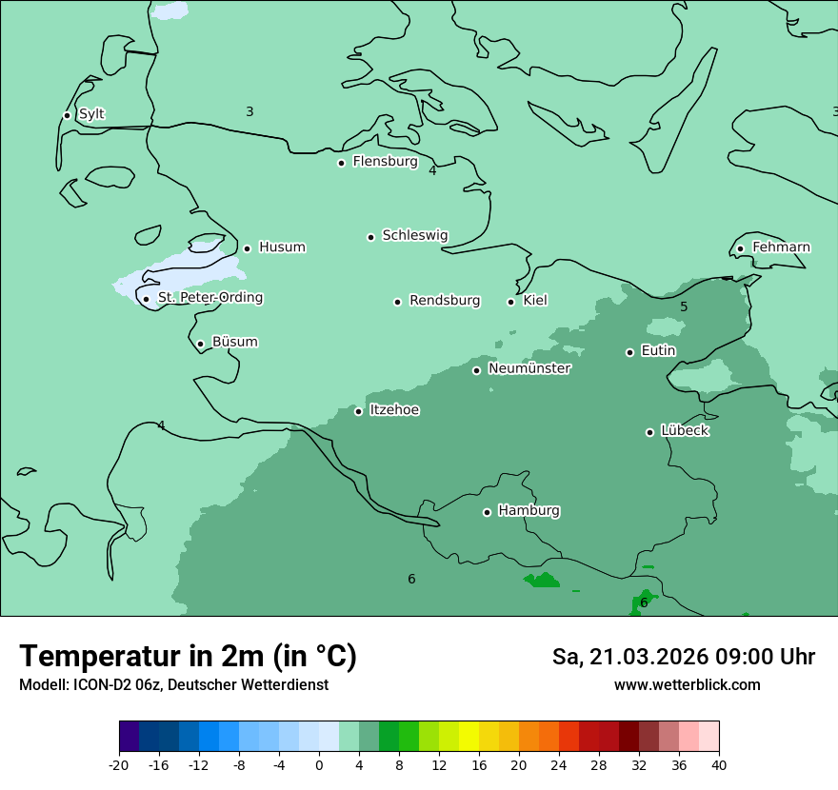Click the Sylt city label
pos(91,114)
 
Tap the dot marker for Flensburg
pos(341,163)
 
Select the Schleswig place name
pos(414,235)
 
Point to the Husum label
pos(282,247)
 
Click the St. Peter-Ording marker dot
pos(146,299)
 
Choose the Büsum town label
pos(234,342)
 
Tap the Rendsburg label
pos(445,301)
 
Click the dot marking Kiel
pos(510,302)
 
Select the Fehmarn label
pos(781,247)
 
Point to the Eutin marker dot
pos(629,352)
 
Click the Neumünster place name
pos(529,368)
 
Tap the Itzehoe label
pos(394,410)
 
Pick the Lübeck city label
pos(685,430)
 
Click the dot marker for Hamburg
pos(487,512)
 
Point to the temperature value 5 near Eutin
pos(684,306)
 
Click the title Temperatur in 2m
pos(188,656)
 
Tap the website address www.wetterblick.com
pos(687,684)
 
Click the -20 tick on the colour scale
pos(119,764)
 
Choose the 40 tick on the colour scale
pos(719,764)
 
